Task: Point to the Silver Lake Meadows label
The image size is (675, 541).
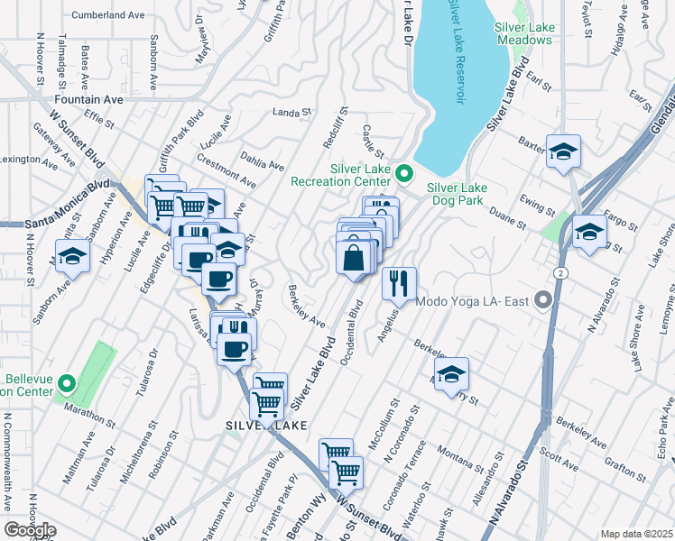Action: click(524, 34)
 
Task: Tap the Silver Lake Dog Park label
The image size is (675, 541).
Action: click(457, 194)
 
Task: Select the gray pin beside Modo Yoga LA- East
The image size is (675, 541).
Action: click(542, 299)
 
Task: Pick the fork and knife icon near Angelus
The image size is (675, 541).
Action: click(398, 284)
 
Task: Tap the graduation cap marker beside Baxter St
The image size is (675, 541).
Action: click(563, 152)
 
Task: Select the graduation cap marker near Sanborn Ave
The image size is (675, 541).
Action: click(72, 257)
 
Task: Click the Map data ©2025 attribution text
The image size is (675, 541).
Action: click(636, 534)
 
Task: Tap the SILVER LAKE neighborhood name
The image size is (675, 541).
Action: click(265, 425)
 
